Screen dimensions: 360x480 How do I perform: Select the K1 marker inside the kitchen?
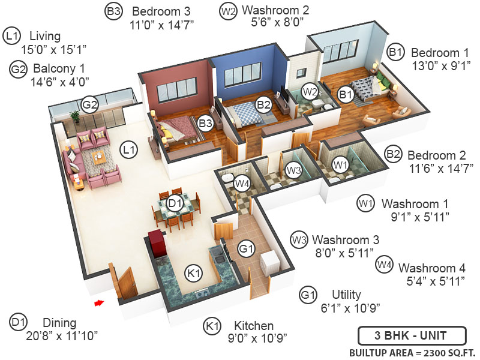[x=193, y=273]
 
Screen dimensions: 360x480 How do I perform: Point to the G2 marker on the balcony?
[x=89, y=105]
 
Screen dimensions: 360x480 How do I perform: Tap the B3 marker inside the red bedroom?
[x=206, y=124]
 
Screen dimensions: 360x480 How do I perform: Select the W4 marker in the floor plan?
[x=241, y=183]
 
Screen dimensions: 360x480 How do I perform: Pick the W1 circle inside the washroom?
[x=340, y=163]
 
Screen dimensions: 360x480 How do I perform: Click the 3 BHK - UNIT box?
[x=412, y=335]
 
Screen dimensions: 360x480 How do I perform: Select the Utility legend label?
[x=346, y=295]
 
